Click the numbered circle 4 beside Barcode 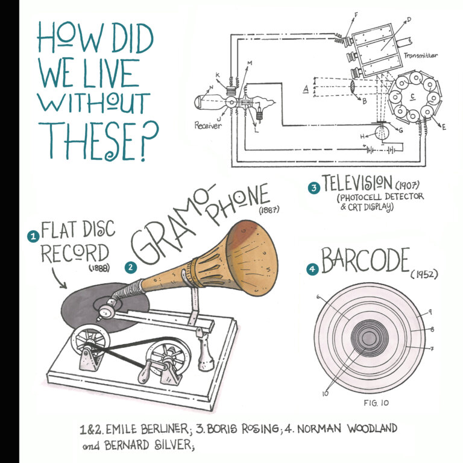click(x=312, y=270)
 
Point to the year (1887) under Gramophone click(x=269, y=211)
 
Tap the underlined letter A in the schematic click(x=306, y=89)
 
